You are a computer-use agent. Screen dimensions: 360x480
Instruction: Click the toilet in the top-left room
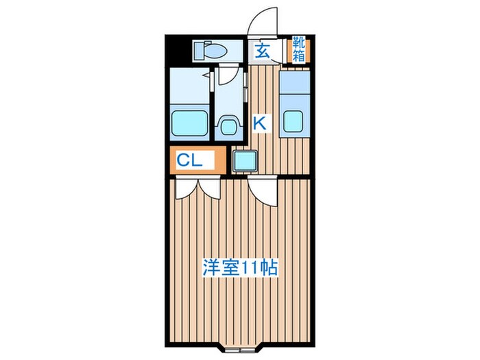211,49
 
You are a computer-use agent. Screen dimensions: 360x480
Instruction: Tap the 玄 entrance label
263,50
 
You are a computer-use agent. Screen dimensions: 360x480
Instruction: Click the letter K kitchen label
260,123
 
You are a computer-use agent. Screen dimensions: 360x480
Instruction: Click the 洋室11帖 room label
239,267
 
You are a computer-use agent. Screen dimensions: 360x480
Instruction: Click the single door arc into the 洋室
264,192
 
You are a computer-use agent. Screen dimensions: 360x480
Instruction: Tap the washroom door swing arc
230,75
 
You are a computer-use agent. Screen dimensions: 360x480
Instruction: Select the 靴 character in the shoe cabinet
300,43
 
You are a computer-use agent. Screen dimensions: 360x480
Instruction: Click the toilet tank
200,49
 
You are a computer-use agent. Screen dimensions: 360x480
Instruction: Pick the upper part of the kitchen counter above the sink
293,86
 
